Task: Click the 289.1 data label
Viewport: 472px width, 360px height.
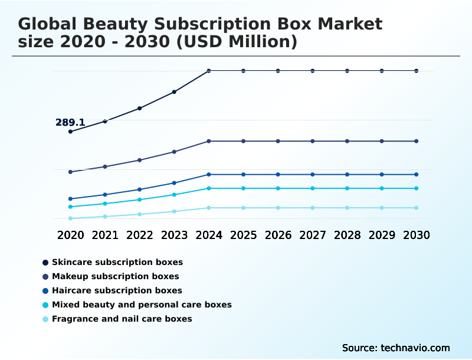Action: [x=70, y=123]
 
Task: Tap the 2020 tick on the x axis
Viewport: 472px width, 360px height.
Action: [x=70, y=235]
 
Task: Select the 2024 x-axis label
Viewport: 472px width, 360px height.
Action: [x=209, y=235]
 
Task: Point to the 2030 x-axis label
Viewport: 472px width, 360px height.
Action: [x=417, y=235]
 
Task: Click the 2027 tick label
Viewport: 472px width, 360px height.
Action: [x=313, y=235]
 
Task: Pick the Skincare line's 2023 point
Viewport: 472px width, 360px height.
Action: [x=174, y=92]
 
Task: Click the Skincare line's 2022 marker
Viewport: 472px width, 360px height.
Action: [x=140, y=108]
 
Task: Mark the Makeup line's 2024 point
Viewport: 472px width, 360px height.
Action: [x=209, y=141]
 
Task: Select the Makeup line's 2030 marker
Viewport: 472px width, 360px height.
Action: [x=417, y=141]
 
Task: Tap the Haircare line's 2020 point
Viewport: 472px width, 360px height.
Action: [x=70, y=199]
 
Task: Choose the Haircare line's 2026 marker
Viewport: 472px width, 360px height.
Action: [x=278, y=175]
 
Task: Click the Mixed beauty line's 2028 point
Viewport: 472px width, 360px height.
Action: [x=347, y=188]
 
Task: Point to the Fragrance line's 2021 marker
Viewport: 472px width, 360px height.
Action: [x=105, y=217]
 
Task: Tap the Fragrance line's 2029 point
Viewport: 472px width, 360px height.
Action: [x=382, y=208]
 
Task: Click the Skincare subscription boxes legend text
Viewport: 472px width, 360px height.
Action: [x=117, y=262]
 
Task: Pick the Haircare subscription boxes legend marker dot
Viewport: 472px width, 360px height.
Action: [x=45, y=291]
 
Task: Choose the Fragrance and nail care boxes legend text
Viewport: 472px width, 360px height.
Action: [x=122, y=319]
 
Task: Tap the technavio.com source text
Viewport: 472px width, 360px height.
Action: [x=415, y=348]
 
